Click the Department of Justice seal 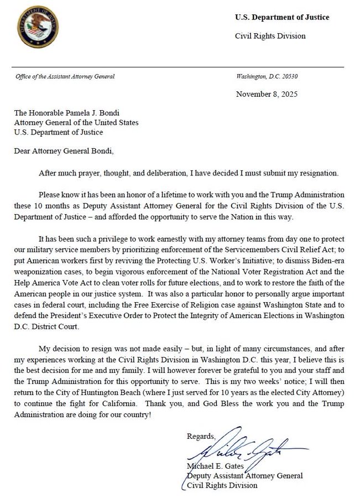click(x=38, y=27)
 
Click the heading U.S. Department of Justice click(x=282, y=17)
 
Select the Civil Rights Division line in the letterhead click(x=270, y=37)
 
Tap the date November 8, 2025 click(x=267, y=94)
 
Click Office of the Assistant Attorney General click(x=65, y=76)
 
